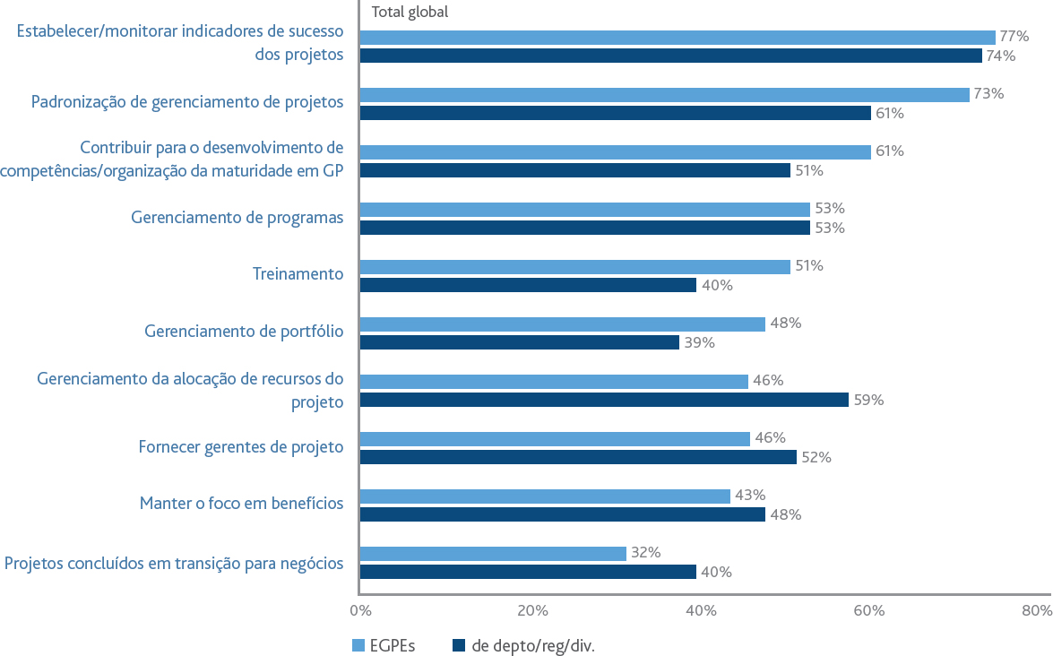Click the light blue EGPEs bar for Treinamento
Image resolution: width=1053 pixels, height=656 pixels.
574,266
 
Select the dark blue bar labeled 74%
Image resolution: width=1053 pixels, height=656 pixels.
671,56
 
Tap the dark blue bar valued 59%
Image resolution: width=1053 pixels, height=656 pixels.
604,401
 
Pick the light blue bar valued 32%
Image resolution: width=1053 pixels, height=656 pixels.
493,553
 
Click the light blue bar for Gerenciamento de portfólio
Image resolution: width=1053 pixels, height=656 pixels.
563,324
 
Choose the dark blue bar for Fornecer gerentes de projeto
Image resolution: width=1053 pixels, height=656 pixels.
578,457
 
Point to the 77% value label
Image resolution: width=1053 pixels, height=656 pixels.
1014,36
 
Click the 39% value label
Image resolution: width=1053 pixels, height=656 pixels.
699,343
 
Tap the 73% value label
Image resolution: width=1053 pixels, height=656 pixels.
988,94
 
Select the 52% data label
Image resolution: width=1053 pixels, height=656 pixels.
816,458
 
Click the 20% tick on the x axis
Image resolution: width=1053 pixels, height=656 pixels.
532,611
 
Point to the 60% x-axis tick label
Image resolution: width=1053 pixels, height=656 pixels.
869,611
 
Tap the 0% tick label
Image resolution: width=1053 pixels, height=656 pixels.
360,611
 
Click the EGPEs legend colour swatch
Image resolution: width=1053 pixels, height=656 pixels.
358,646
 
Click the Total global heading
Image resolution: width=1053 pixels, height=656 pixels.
410,12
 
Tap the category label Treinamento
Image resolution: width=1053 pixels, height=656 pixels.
298,274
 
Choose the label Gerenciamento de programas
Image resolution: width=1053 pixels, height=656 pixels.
237,218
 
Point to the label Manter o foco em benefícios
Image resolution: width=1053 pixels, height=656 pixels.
242,504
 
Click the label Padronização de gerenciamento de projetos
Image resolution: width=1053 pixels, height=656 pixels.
187,102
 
